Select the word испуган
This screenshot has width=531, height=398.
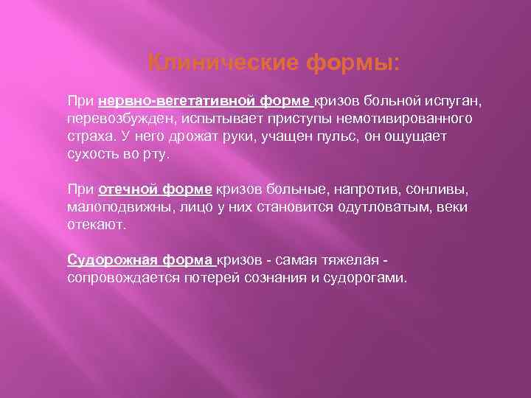click(442, 99)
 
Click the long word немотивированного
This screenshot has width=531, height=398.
click(409, 118)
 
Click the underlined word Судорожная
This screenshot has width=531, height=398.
click(104, 260)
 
